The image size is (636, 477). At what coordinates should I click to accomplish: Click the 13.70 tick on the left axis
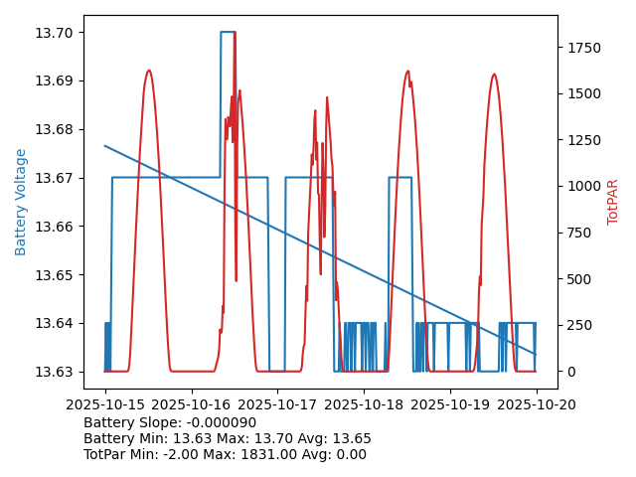60,33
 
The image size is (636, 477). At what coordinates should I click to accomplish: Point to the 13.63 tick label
60,372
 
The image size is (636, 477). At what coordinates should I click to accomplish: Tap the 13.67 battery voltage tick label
60,178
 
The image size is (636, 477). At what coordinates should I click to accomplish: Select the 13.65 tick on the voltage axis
60,275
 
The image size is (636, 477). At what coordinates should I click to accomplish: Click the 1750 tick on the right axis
583,48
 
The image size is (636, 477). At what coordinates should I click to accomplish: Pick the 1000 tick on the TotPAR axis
583,186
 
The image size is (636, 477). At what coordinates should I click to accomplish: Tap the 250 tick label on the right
576,325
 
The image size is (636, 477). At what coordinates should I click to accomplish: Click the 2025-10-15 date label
105,404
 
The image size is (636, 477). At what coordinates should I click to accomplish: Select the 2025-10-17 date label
277,404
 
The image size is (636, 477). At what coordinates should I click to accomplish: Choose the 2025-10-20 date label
537,404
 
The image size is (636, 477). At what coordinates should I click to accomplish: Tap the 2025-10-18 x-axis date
364,404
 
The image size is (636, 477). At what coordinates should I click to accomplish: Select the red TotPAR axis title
613,202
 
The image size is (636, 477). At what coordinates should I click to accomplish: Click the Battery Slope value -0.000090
221,423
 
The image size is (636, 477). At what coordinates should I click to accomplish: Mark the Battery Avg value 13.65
352,439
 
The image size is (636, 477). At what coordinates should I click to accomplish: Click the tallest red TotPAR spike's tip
235,33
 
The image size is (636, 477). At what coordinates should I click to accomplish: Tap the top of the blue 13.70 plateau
228,32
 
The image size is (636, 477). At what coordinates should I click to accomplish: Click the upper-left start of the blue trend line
105,146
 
